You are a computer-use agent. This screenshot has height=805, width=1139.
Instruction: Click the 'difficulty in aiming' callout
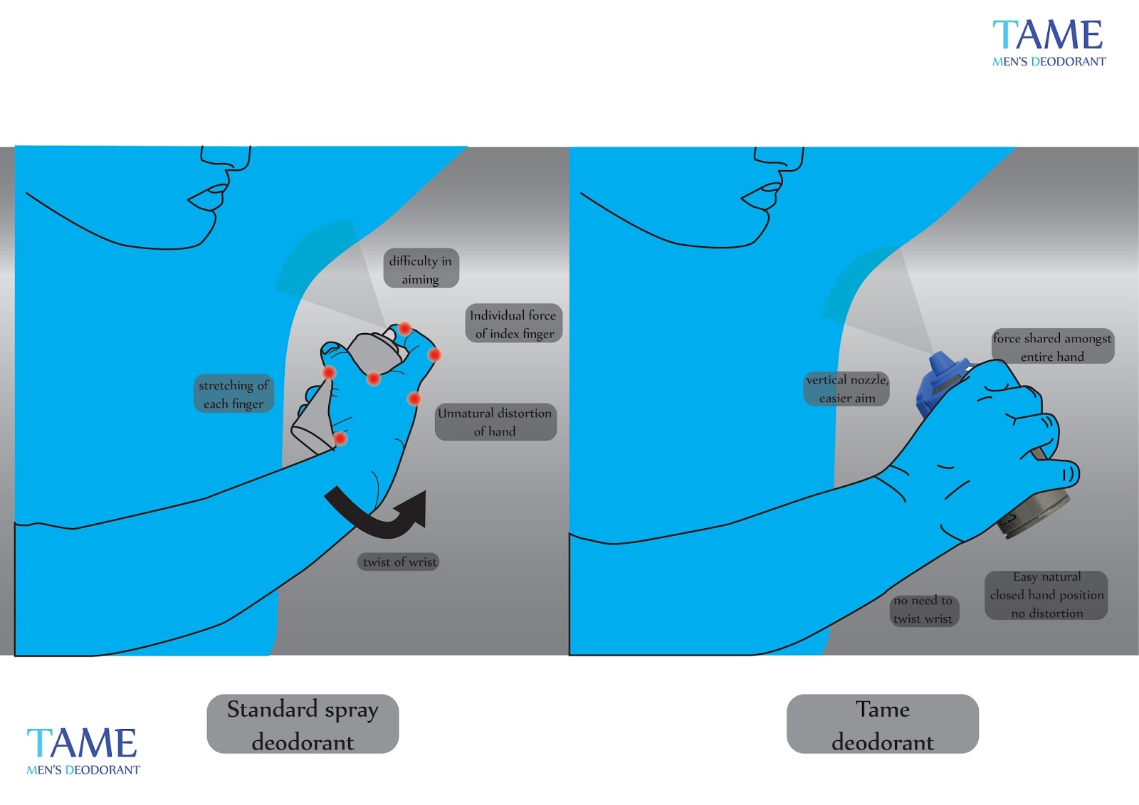pos(421,269)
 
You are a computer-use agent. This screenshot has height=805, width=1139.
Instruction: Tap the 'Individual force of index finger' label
pos(513,324)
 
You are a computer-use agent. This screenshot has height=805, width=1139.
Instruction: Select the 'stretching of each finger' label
pos(233,394)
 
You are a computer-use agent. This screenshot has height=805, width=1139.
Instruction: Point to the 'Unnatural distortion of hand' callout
pos(495,421)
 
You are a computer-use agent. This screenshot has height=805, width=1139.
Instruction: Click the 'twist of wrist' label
pos(399,562)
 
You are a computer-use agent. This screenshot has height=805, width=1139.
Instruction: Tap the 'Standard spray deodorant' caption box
pos(303,724)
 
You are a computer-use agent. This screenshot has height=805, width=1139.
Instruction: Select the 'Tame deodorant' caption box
pos(882,724)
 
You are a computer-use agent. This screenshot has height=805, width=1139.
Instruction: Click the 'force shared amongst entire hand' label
pos(1052,347)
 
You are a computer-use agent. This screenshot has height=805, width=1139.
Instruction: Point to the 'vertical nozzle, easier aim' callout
pos(846,389)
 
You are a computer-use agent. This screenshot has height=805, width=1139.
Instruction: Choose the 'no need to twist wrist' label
pos(923,610)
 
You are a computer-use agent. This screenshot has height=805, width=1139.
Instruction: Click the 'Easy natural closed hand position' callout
pos(1046,595)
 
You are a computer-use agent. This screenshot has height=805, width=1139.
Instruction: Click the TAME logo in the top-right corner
pos(1048,43)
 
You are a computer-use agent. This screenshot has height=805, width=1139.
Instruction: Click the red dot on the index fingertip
pos(404,328)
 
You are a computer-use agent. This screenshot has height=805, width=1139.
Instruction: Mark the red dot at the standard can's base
pos(340,438)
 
